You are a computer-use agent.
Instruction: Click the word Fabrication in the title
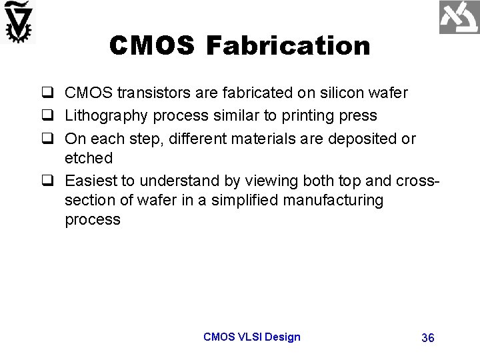pos(289,46)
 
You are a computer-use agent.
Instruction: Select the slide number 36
pos(428,338)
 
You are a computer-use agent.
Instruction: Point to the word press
pos(359,116)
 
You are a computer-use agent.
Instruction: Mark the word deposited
pos(365,139)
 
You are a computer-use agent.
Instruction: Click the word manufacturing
pos(329,201)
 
